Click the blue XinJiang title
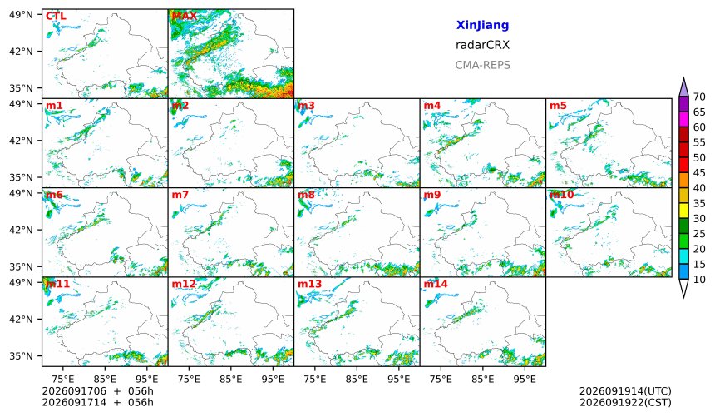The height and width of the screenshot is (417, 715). coord(482,25)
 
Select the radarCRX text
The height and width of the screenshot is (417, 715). coord(482,45)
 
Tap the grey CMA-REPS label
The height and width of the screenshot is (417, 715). coord(482,65)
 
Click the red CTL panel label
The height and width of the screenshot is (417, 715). coord(56,16)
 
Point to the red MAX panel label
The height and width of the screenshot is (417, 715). coord(185,16)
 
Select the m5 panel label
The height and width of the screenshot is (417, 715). coord(558,106)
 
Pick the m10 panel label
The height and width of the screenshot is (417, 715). coord(561,195)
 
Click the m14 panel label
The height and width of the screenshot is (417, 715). coord(436,284)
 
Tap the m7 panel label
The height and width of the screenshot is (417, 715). coord(180,195)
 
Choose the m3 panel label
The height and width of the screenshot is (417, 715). coord(306,106)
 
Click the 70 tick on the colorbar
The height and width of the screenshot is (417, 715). coord(699,97)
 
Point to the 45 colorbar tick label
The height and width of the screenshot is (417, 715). coord(699,173)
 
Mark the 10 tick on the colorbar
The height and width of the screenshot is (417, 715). coord(699,280)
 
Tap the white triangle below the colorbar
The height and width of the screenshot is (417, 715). coord(683,288)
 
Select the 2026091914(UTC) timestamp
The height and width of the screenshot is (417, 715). coord(625,391)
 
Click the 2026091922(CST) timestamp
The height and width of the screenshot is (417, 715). coord(625,402)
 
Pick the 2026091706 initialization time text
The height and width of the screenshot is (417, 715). coord(74,391)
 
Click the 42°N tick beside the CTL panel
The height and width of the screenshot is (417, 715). coord(21,52)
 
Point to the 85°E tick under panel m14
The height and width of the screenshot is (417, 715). coord(482,379)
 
